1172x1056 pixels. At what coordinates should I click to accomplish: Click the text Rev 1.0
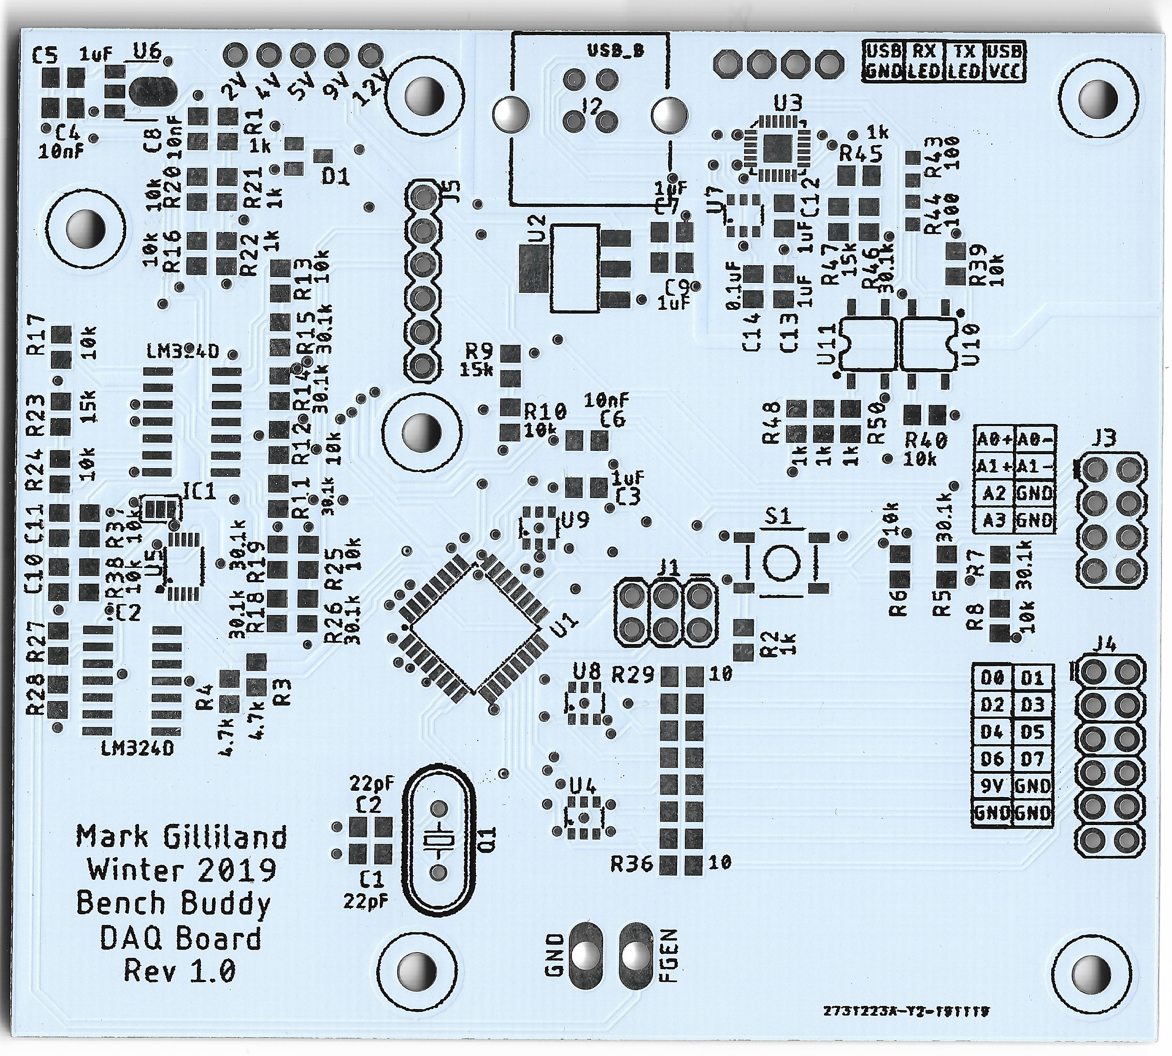(x=180, y=970)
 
